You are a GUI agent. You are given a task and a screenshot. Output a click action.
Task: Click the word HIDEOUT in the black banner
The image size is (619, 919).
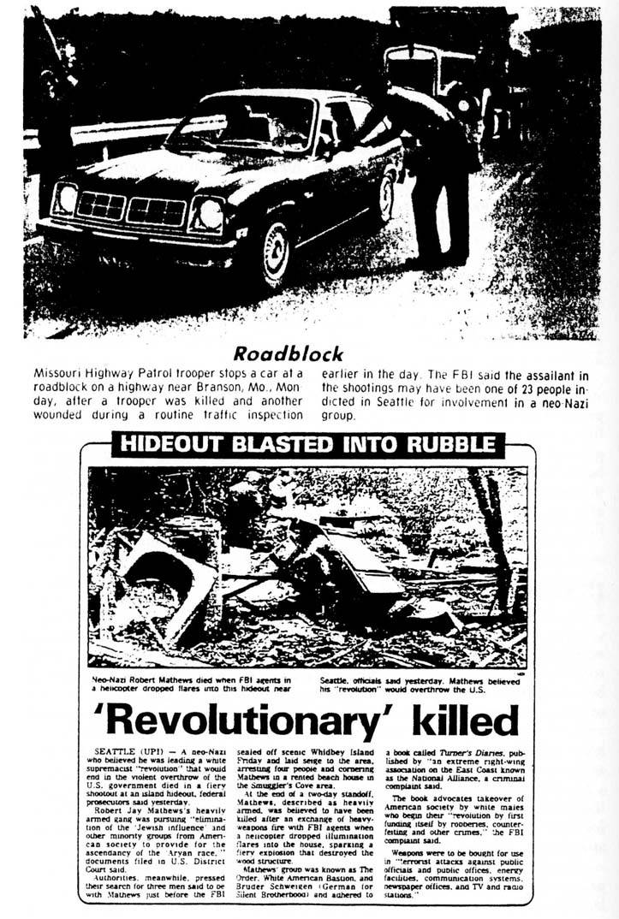pos(170,444)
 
